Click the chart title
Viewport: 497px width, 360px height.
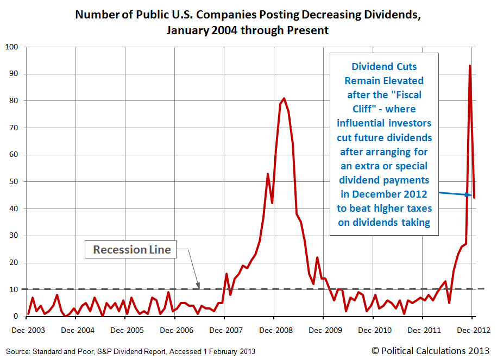pyautogui.click(x=248, y=22)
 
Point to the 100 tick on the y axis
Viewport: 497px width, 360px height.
pyautogui.click(x=12, y=47)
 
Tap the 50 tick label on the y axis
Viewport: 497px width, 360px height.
pyautogui.click(x=14, y=182)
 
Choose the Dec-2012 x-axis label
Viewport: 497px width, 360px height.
pyautogui.click(x=472, y=330)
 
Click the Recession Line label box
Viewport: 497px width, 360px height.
pyautogui.click(x=132, y=250)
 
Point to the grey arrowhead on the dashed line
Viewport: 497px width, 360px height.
pyautogui.click(x=198, y=285)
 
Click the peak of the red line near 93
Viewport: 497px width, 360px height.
pyautogui.click(x=469, y=66)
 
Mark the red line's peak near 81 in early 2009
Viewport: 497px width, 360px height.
pyautogui.click(x=284, y=98)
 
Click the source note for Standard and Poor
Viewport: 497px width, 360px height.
pyautogui.click(x=130, y=351)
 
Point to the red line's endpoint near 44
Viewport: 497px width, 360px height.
pyautogui.click(x=474, y=198)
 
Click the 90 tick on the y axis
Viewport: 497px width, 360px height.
pyautogui.click(x=14, y=74)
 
